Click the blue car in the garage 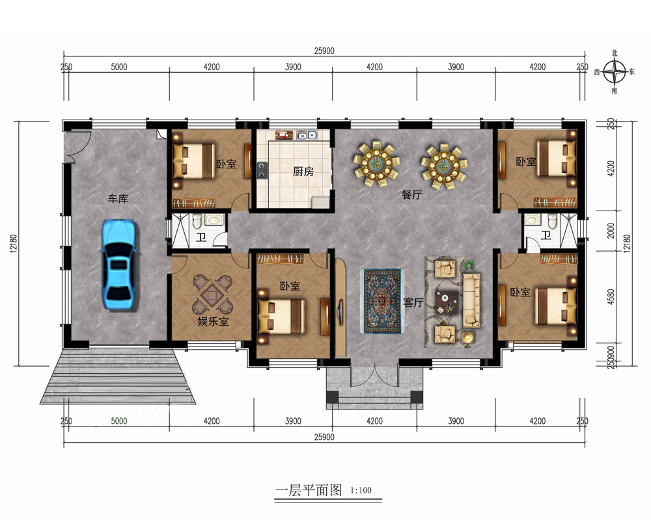[118, 265]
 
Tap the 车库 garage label [118, 199]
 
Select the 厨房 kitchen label [303, 171]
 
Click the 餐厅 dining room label [411, 194]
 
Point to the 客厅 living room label [413, 303]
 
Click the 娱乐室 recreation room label [213, 321]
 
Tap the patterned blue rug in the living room [383, 301]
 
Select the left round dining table [376, 164]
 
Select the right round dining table [444, 166]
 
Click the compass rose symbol [615, 71]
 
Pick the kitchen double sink [307, 135]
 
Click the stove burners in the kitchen [262, 170]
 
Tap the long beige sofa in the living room [471, 300]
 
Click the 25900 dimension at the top [324, 51]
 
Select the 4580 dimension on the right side [611, 297]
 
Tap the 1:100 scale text [361, 490]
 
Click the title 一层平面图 [309, 490]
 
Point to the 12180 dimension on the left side [13, 243]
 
